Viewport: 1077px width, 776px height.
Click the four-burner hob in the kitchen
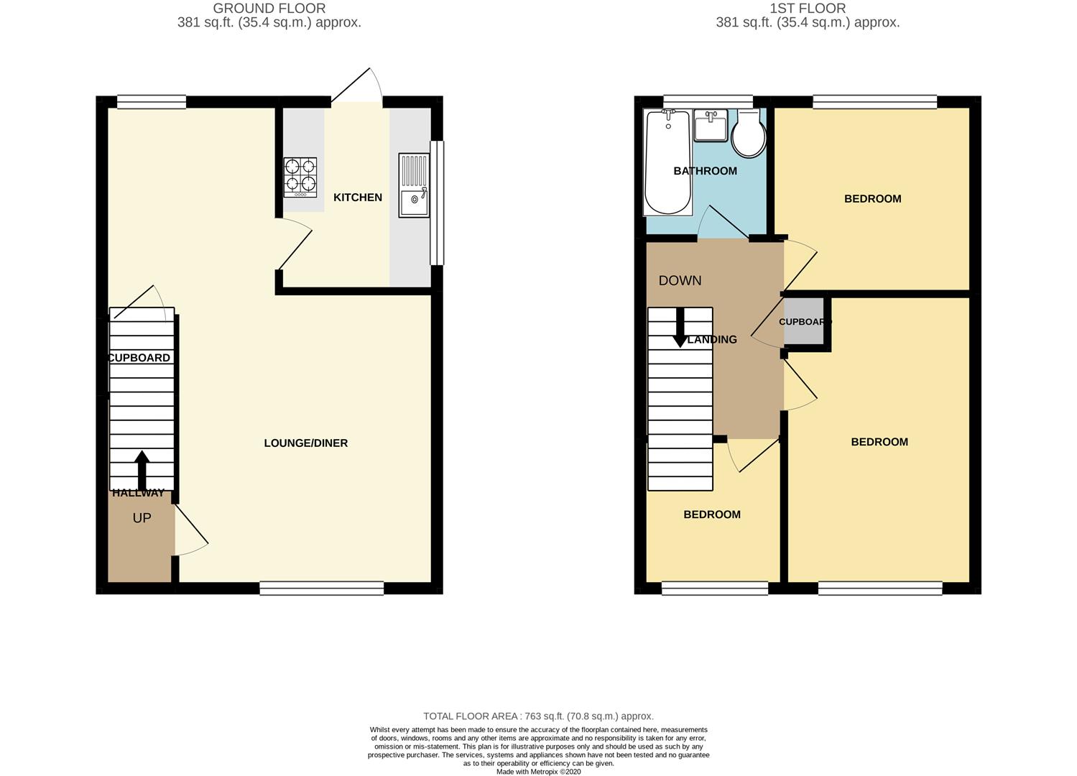tap(300, 177)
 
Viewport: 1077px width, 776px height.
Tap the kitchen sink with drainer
tap(414, 185)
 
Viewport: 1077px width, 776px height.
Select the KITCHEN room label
tap(358, 198)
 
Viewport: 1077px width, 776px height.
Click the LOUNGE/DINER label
tap(306, 443)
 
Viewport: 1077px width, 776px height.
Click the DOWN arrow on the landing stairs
tap(680, 328)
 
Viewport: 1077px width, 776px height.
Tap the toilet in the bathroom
tap(749, 134)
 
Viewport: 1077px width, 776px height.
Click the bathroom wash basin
tap(711, 126)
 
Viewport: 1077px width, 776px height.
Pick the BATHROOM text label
tap(705, 171)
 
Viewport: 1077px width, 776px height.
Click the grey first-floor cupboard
tap(805, 322)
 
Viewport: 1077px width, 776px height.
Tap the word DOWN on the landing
tap(680, 281)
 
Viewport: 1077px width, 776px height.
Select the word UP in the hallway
tap(142, 518)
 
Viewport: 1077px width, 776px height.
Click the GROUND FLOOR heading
tap(269, 9)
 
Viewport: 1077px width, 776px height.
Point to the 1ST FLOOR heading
tap(808, 9)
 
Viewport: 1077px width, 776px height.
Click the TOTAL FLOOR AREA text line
tap(538, 716)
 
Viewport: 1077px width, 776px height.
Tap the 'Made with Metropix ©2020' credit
tap(538, 772)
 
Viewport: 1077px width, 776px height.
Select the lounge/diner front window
tap(322, 588)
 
